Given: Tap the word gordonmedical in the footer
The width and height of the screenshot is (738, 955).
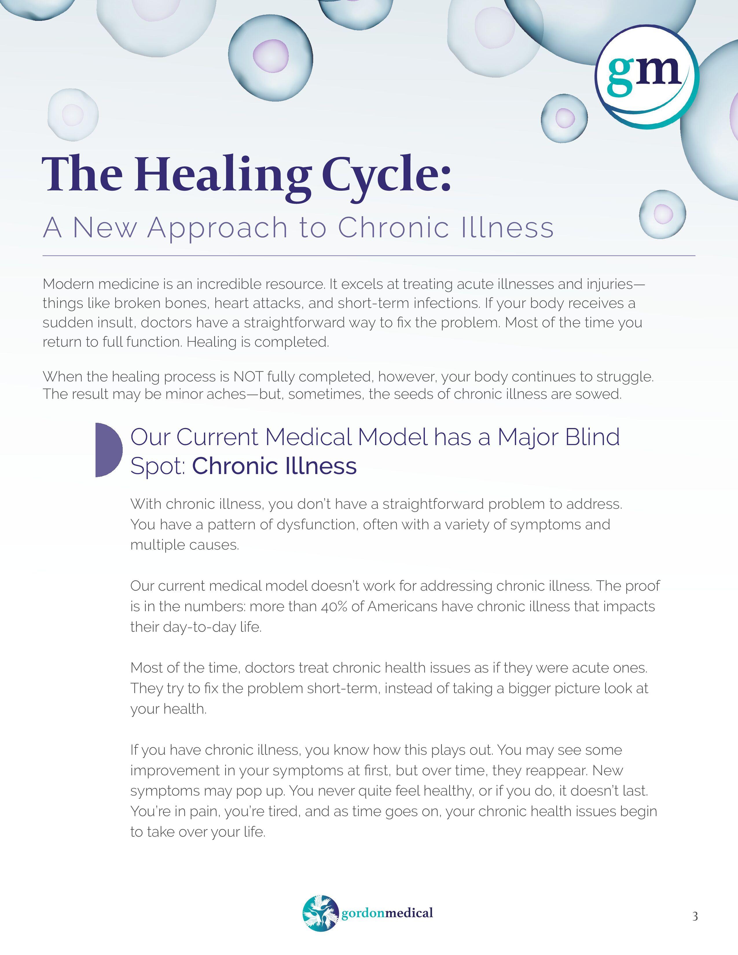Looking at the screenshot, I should [387, 913].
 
